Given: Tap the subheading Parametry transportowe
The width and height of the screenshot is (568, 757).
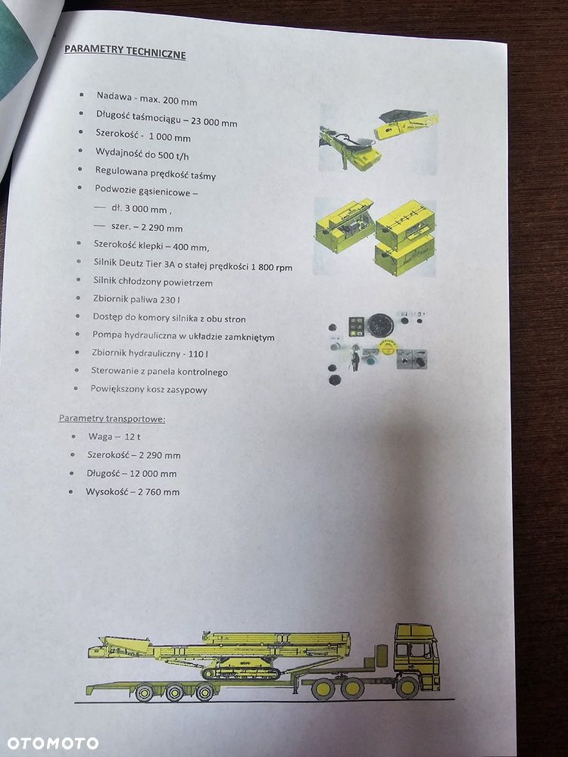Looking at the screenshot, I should pyautogui.click(x=112, y=418).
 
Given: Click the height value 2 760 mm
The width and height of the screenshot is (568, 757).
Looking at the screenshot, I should pyautogui.click(x=158, y=491).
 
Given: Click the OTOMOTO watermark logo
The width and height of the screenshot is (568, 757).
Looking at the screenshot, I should pyautogui.click(x=52, y=743).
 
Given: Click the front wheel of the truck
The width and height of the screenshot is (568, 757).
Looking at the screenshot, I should pyautogui.click(x=407, y=687).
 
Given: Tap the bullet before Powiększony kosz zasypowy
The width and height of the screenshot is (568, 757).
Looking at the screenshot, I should pyautogui.click(x=75, y=388).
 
